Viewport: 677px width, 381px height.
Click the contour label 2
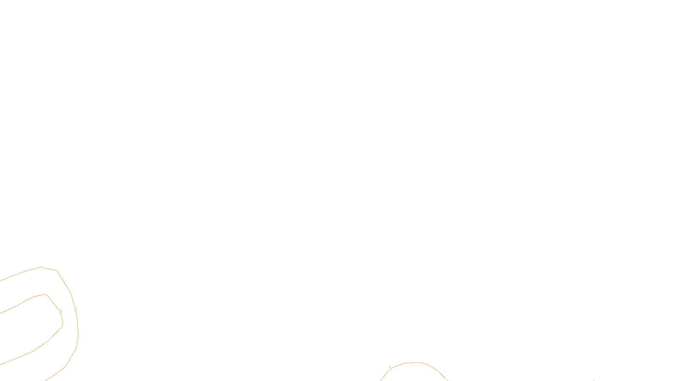[61, 312]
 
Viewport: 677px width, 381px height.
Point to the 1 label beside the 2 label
[75, 310]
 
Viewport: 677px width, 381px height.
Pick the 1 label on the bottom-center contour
[390, 368]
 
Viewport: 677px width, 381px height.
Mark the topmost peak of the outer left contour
[41, 267]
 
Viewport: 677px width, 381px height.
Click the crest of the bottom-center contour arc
[417, 362]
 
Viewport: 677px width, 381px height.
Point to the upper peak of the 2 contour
[44, 295]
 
